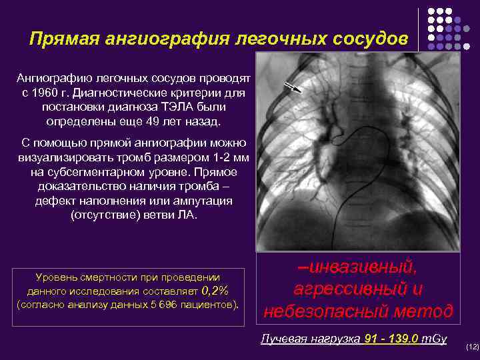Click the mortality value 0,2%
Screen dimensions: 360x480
click(215, 291)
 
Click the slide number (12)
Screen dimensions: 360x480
click(472, 347)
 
